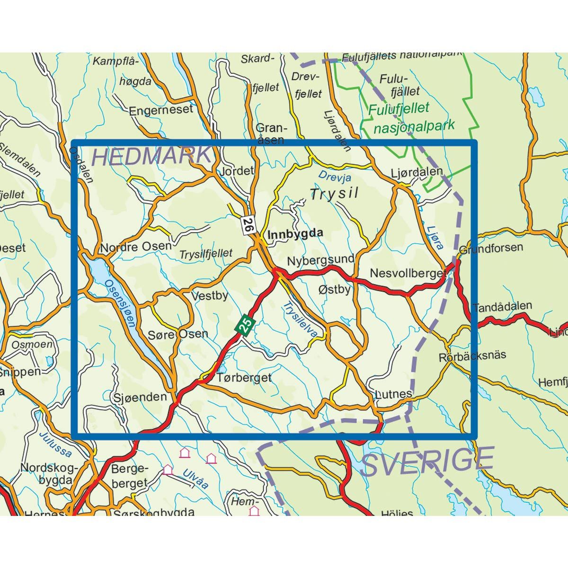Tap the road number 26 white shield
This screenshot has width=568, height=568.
pos(248,223)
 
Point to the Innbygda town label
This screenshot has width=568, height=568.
pos(295,233)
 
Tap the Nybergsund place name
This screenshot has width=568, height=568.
pos(320,260)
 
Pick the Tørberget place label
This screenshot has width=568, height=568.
pos(244,378)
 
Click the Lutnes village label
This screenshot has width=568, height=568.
pos(393,394)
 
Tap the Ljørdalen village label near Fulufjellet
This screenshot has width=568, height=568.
pos(417,172)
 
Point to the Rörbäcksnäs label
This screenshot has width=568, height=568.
pos(472,355)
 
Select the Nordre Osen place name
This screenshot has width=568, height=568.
pos(136,247)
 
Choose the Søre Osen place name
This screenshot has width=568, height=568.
pos(178,334)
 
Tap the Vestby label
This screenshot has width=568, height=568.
pos(209,296)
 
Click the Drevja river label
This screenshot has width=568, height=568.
pos(335,177)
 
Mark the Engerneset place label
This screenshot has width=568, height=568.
pos(161,110)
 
